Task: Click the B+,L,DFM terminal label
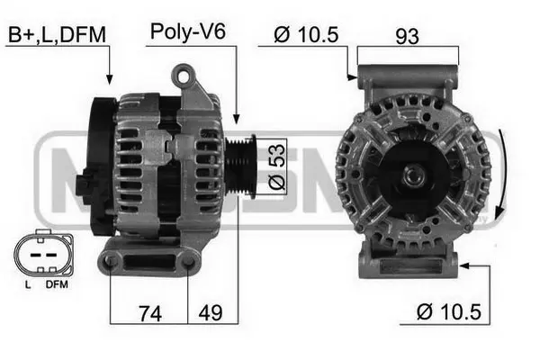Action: pos(57,34)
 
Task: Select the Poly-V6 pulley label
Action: pos(187,32)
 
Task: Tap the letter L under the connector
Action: pos(27,284)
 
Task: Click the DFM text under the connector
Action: pos(56,284)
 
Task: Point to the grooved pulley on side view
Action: pos(241,166)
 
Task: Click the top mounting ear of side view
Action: pos(186,76)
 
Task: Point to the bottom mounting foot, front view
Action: pos(408,263)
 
